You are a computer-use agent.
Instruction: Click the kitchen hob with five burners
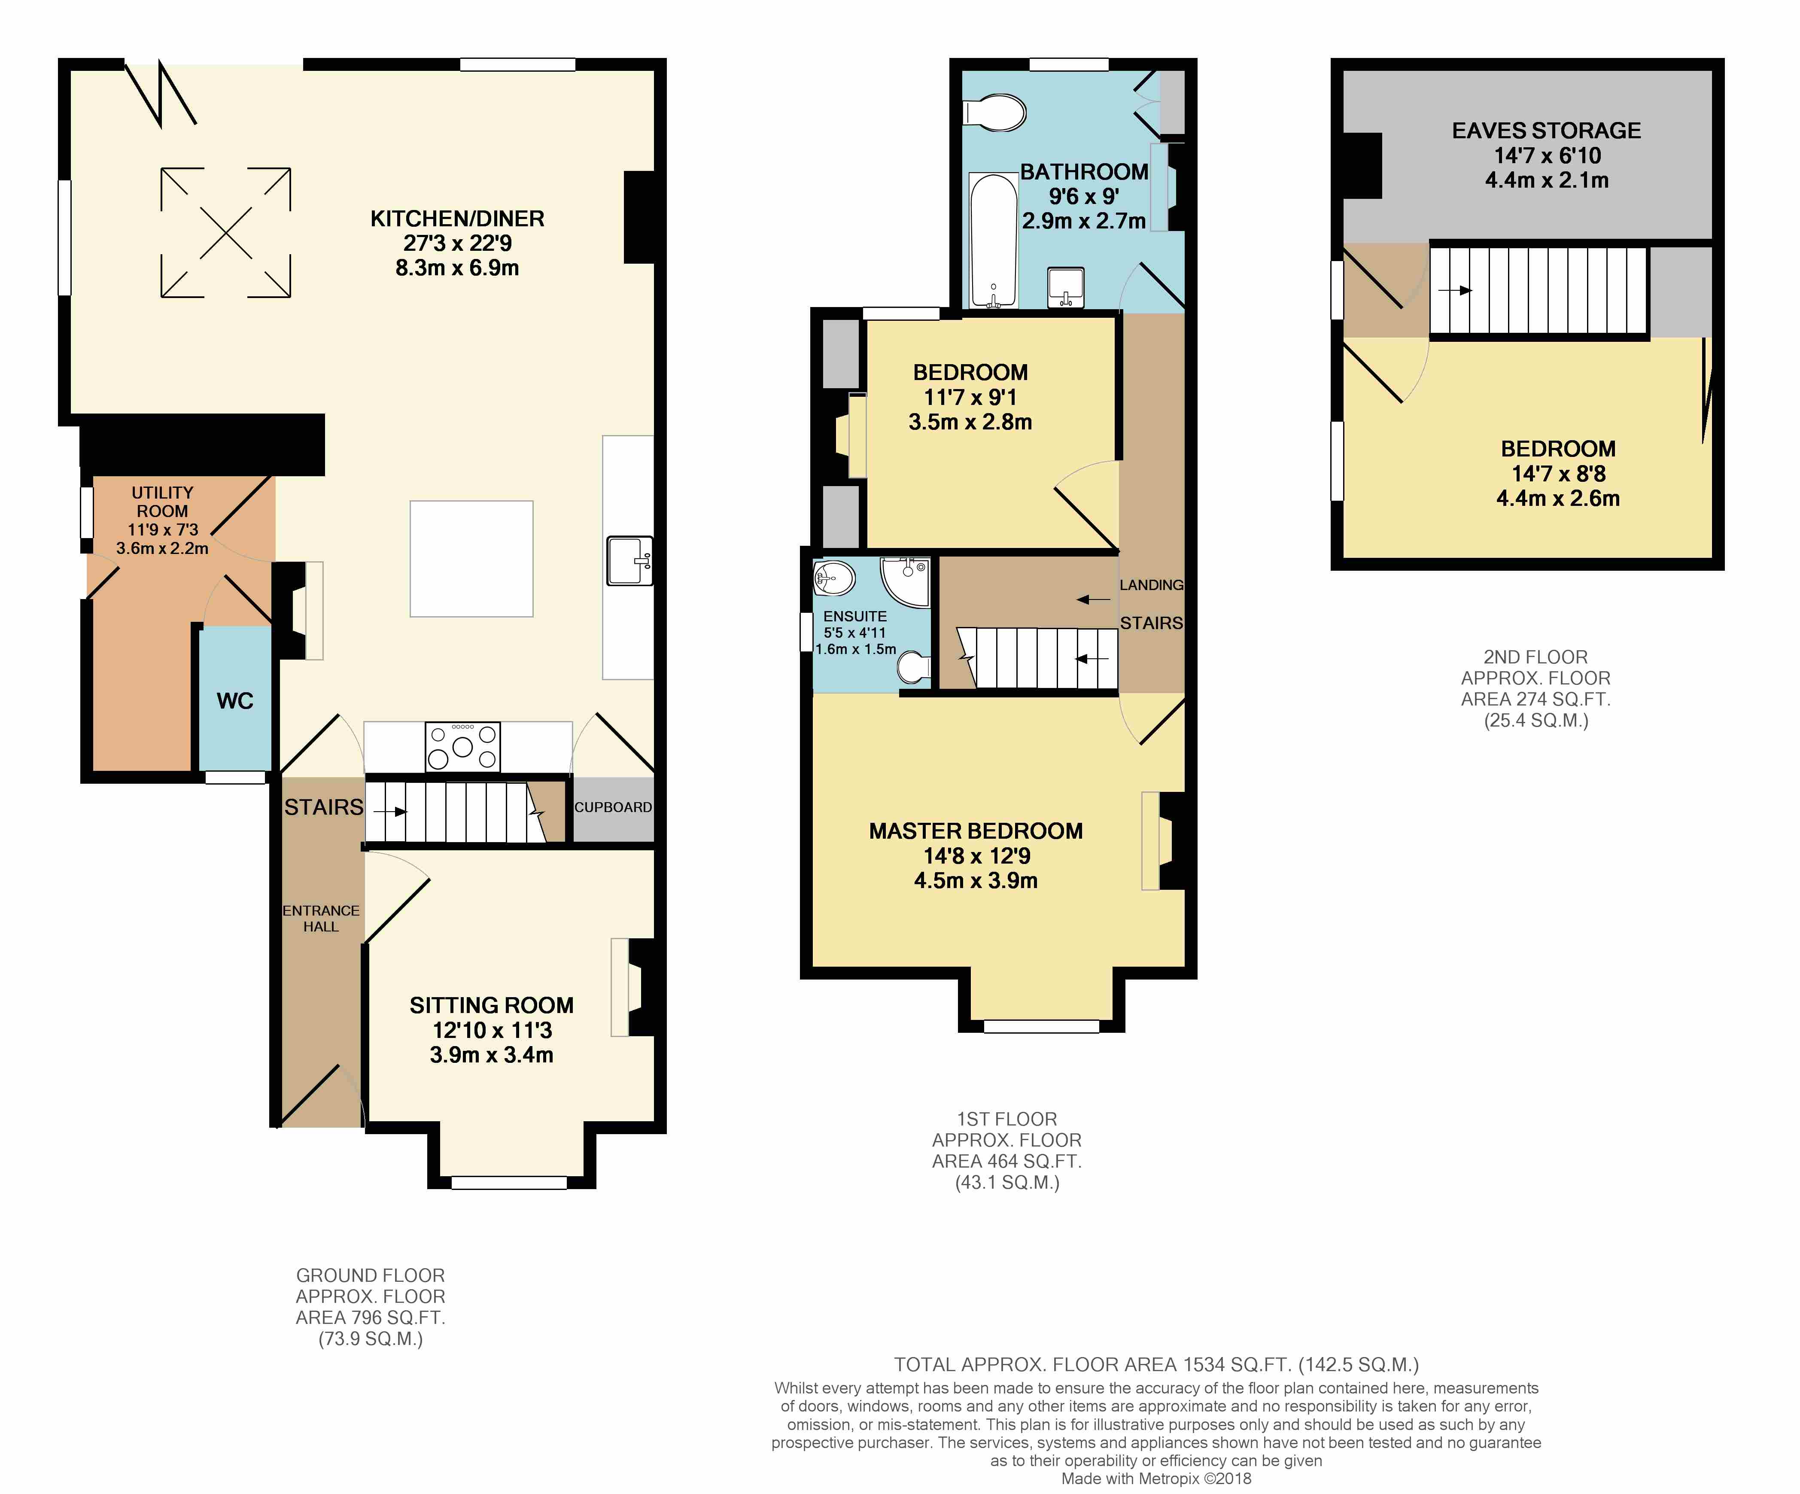point(463,747)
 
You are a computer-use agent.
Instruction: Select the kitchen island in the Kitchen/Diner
point(471,559)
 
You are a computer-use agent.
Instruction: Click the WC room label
point(235,701)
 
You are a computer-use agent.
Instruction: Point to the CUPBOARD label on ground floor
point(613,807)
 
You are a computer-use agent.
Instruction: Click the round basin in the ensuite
point(833,578)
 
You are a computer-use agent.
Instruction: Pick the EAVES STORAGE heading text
point(1546,131)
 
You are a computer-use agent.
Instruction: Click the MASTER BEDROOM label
point(976,831)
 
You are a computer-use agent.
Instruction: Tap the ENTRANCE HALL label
point(322,918)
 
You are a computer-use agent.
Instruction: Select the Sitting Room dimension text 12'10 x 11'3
point(492,1030)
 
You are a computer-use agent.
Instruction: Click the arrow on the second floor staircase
point(1455,291)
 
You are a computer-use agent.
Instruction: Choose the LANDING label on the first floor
point(1151,584)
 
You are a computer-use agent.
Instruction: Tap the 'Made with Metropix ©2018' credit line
point(1156,1479)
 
